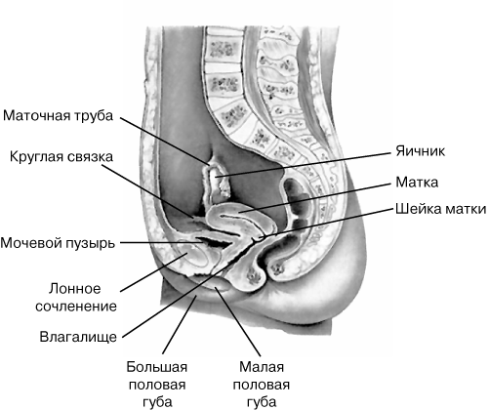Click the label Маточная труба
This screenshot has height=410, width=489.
click(x=58, y=116)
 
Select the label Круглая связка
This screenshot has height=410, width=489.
click(x=61, y=156)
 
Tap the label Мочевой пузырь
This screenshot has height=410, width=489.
click(x=58, y=243)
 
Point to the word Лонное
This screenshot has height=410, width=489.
click(x=75, y=288)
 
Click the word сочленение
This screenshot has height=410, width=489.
click(x=76, y=307)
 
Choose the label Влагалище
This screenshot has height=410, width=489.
click(x=78, y=337)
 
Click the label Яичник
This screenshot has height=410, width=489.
click(x=420, y=151)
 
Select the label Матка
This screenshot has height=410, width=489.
click(x=417, y=183)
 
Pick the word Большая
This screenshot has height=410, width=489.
click(x=157, y=367)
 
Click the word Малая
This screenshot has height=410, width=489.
click(x=262, y=367)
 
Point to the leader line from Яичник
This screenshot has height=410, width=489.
click(x=303, y=165)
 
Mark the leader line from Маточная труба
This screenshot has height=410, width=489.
click(x=164, y=141)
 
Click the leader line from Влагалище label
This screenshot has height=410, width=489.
click(x=192, y=288)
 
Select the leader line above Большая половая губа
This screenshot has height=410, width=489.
click(x=180, y=324)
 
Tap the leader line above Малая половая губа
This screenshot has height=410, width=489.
click(x=238, y=321)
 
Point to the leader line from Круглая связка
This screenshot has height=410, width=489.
click(x=147, y=191)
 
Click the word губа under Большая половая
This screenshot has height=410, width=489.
click(x=157, y=402)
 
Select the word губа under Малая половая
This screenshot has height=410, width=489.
click(x=262, y=402)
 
